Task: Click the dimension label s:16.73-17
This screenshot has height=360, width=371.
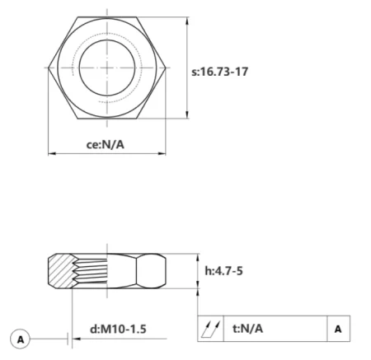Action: tap(220, 71)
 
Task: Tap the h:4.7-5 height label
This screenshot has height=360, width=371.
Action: tap(224, 270)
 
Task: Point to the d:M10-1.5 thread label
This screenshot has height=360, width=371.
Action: tap(118, 329)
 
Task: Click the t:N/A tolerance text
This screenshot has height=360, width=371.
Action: tap(247, 328)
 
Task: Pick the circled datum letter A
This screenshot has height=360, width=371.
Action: tap(21, 338)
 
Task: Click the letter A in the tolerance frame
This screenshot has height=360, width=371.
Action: tap(337, 328)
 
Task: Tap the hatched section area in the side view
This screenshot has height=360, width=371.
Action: tap(59, 270)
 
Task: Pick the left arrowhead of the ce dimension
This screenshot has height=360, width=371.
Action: tap(52, 153)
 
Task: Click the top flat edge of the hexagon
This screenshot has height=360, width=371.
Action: tap(108, 16)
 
